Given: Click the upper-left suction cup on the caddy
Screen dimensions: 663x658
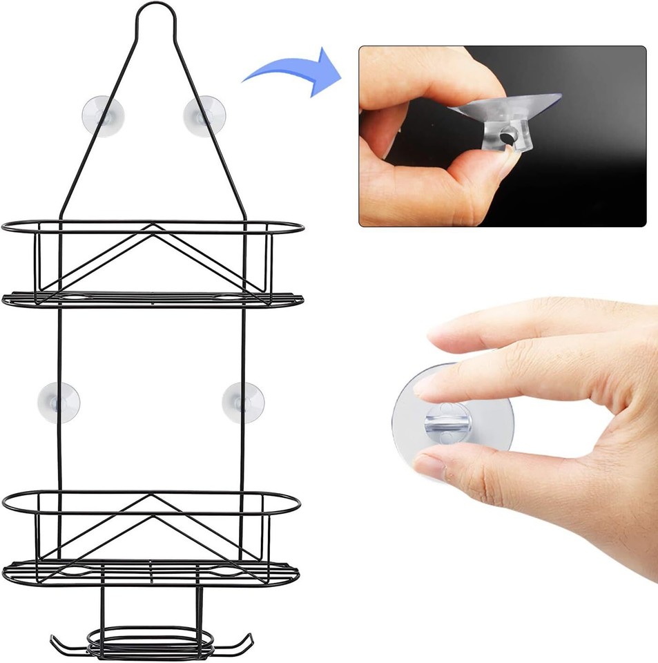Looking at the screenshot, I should pyautogui.click(x=103, y=115).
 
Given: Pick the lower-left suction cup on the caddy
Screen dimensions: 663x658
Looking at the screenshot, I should pyautogui.click(x=59, y=401).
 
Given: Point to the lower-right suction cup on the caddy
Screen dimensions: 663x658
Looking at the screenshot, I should pyautogui.click(x=243, y=401).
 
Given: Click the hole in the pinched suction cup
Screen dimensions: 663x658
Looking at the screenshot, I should pyautogui.click(x=508, y=138).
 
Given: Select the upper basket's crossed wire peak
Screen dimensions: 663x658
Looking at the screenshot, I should pyautogui.click(x=154, y=229).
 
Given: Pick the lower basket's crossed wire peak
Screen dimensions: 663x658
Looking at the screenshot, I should pyautogui.click(x=153, y=498).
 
